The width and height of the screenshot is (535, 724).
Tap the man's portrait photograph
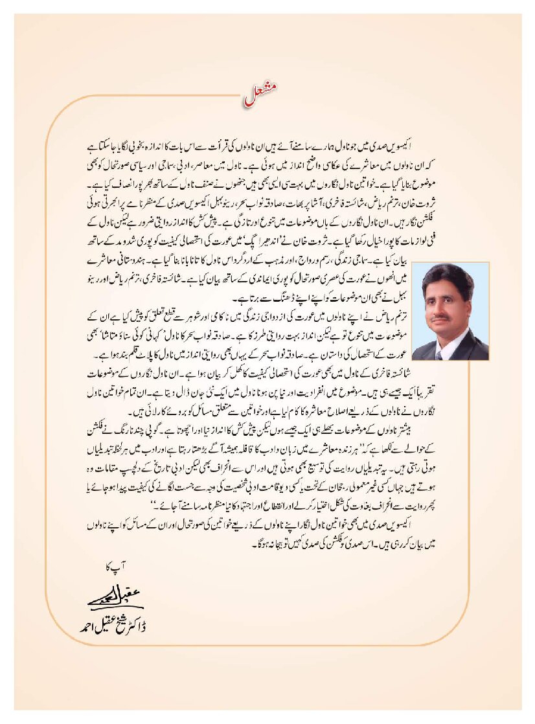coord(450,311)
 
